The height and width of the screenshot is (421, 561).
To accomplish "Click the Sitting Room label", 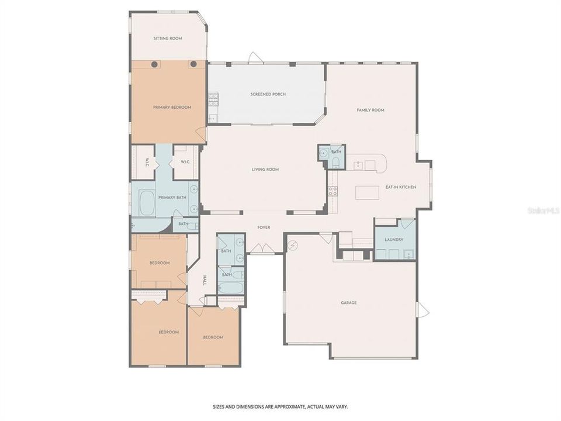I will click(x=168, y=39).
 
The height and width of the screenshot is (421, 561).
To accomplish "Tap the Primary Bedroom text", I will click(x=172, y=108).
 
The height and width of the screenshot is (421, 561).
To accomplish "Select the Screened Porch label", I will click(x=268, y=94).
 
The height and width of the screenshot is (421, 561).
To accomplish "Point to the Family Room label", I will click(x=370, y=110).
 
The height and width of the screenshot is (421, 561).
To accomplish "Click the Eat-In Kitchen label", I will click(x=400, y=187).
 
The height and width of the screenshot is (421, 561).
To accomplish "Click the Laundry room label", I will click(x=394, y=240).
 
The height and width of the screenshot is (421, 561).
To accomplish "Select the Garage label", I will click(x=349, y=303).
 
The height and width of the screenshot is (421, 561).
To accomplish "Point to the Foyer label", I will click(x=264, y=227).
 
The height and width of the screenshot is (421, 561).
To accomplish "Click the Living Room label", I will click(x=265, y=170).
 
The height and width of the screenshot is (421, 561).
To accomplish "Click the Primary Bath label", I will click(x=172, y=198).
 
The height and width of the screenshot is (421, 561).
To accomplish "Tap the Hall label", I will click(x=205, y=279).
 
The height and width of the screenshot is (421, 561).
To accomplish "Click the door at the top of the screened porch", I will click(x=254, y=58).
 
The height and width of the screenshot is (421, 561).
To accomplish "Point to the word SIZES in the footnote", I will click(x=219, y=406).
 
